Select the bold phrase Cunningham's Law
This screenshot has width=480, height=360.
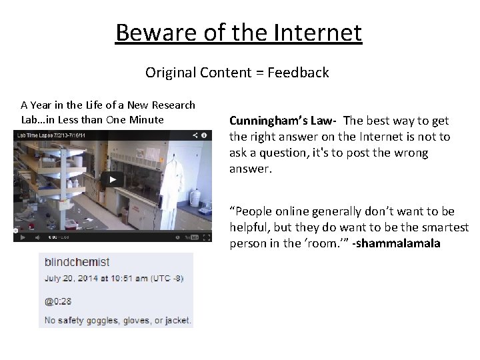(283, 121)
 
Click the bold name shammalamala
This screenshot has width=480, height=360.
(398, 243)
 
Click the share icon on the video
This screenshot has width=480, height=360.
(195, 135)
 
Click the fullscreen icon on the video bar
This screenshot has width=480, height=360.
(205, 237)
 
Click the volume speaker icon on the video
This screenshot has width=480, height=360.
(35, 237)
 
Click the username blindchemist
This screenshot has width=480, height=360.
(77, 262)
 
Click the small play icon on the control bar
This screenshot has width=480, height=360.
(23, 237)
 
